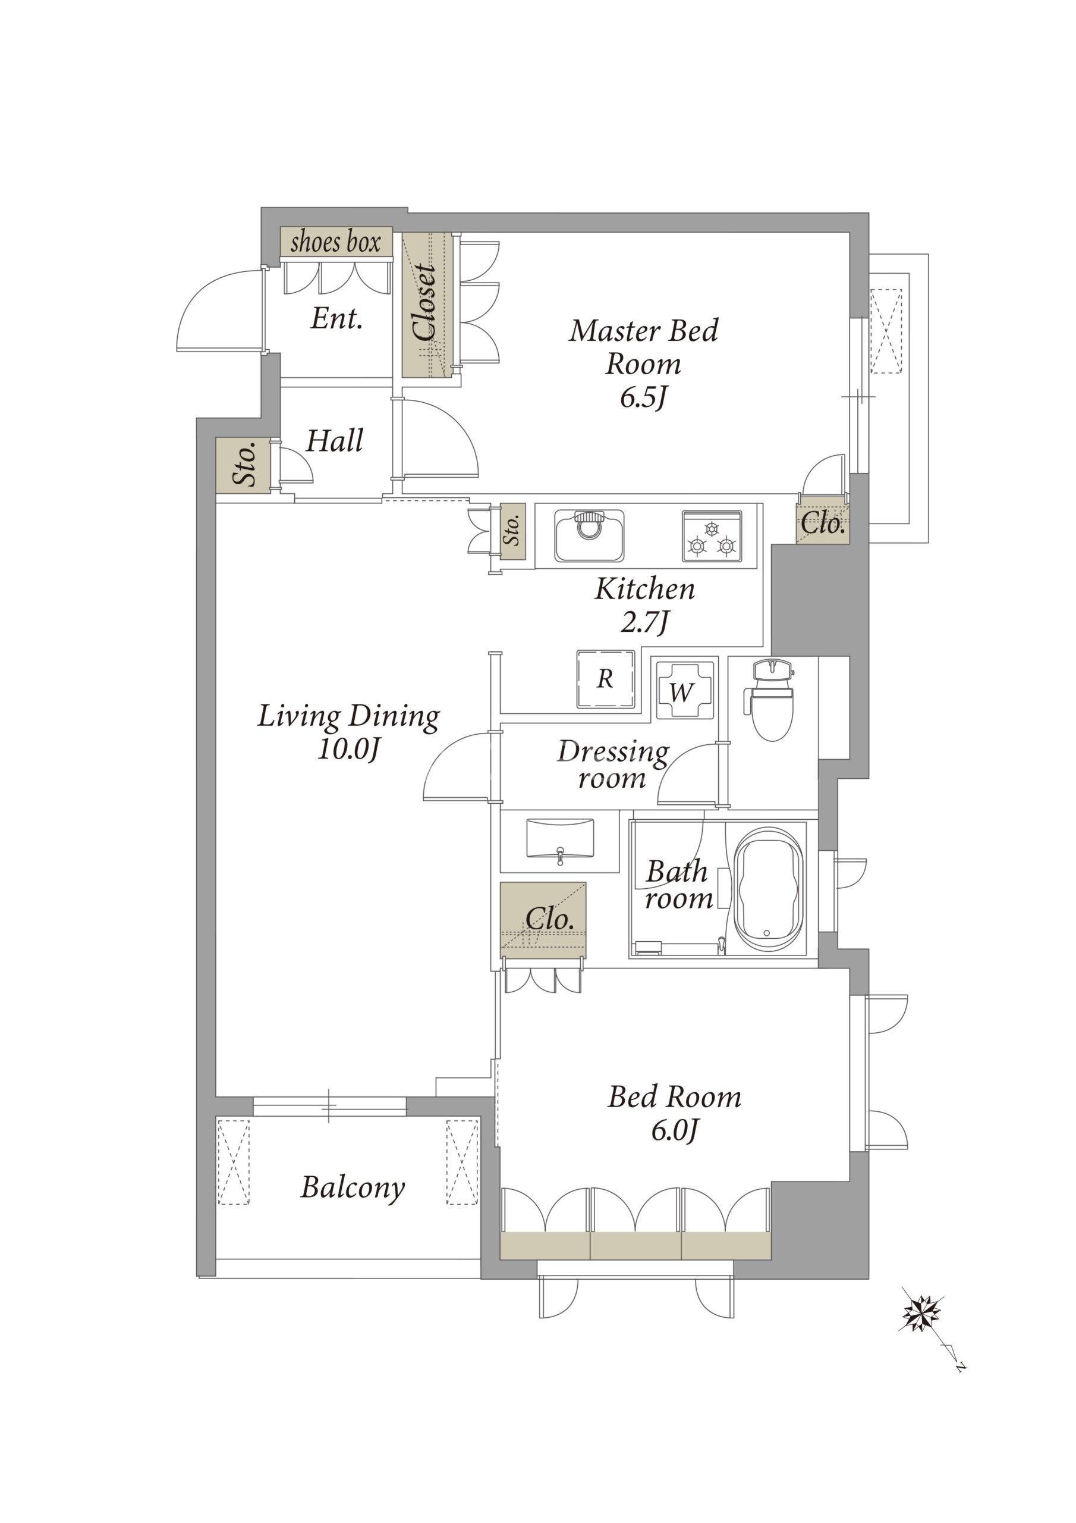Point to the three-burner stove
click(712, 536)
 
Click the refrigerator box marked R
click(605, 679)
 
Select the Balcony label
click(353, 1187)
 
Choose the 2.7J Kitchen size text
click(644, 621)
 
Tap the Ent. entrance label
click(337, 319)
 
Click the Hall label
click(334, 440)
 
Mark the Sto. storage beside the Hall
click(244, 465)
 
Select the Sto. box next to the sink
click(512, 531)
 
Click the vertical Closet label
click(424, 303)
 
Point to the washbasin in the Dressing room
click(560, 840)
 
